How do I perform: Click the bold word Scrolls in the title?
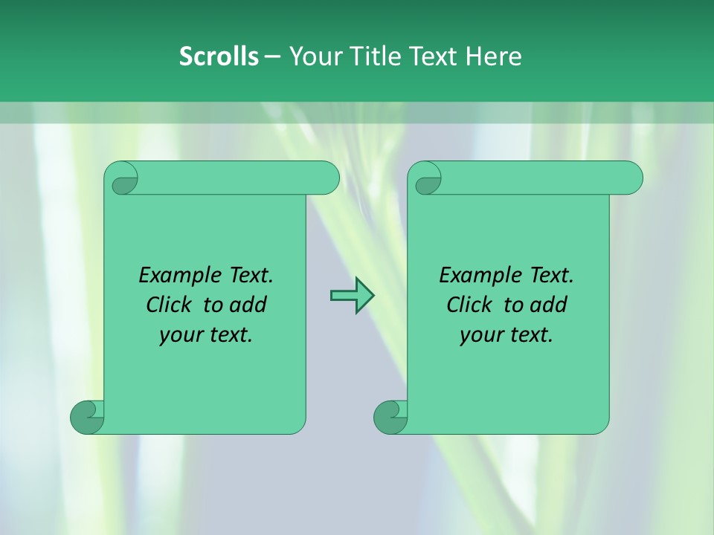coord(219,56)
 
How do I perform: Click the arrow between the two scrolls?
coord(352,296)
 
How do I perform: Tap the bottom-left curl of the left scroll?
coord(88,417)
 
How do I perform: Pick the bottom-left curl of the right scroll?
coord(391,417)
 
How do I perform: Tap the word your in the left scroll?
coord(179,336)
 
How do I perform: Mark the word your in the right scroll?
coord(480,336)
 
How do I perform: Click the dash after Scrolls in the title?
coord(272,56)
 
